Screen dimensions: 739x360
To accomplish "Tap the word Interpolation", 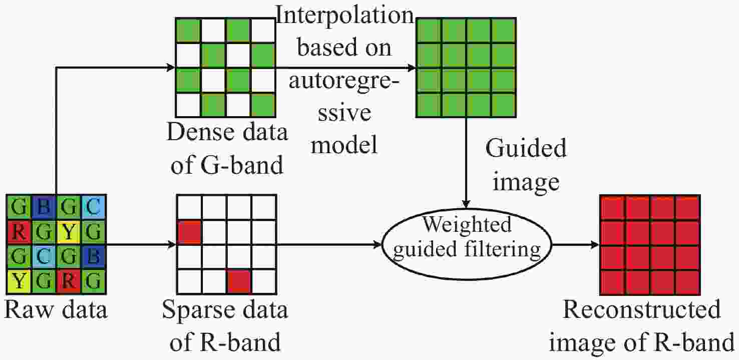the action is coord(344,15).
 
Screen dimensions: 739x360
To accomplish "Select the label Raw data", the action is coord(56,309).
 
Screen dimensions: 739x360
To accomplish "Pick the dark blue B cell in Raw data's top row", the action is coord(44,207).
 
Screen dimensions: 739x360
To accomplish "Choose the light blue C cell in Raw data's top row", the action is coord(93,207).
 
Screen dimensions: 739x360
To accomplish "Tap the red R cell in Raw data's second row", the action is coord(19,232).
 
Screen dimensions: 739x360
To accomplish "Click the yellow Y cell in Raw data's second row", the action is coord(68,232).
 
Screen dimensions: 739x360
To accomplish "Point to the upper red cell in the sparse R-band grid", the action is coord(189,232).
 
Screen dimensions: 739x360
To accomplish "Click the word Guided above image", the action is coord(526,148).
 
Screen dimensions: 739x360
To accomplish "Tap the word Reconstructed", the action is coord(641,309).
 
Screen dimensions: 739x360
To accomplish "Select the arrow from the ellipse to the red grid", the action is coord(575,244).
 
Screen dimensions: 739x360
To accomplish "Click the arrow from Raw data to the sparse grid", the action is coord(141,244).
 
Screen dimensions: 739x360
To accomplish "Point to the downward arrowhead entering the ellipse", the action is coord(466,204).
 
